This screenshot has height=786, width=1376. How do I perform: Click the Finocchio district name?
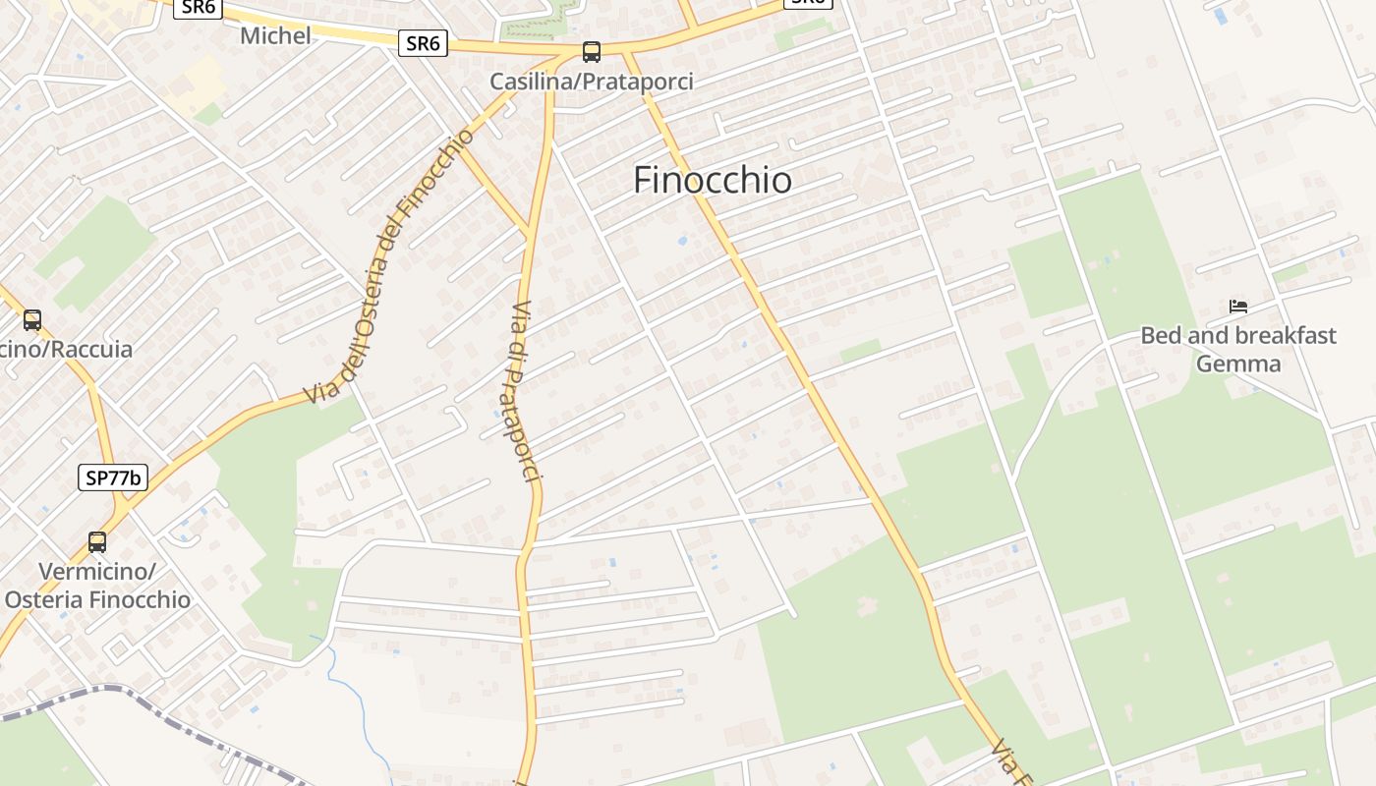point(713,180)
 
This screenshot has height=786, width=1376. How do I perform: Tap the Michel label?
point(275,35)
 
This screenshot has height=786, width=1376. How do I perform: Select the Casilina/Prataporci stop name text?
point(592,82)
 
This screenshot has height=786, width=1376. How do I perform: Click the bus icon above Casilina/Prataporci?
point(591,51)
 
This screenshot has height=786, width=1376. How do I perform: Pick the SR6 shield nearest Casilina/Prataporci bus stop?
point(423,43)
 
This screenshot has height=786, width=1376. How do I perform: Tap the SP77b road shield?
point(113,478)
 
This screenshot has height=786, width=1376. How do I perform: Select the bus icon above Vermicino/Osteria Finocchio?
point(96,541)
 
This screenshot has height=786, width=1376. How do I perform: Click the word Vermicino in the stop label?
point(96,571)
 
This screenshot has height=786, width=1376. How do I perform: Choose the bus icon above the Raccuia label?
point(32,319)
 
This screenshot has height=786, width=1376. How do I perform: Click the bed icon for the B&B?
point(1238,307)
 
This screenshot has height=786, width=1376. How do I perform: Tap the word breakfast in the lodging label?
point(1278,335)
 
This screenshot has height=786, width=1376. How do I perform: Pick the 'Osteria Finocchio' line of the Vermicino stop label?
point(98,599)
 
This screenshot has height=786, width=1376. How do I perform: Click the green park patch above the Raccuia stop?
point(98,251)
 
